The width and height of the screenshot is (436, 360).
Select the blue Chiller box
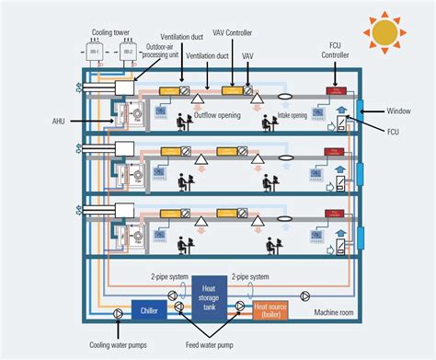(148, 310)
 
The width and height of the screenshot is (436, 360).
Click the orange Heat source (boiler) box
(269, 311)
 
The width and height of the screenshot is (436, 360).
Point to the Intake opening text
(293, 117)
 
